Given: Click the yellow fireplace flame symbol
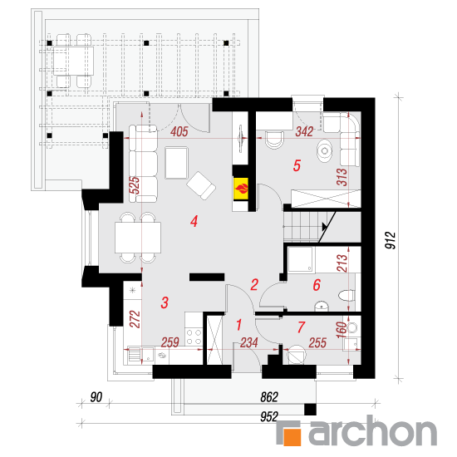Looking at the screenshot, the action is coord(241,189).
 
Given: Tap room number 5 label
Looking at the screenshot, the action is coord(297,165).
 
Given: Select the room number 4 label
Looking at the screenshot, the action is coord(194,221).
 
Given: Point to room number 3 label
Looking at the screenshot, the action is coord(165,302).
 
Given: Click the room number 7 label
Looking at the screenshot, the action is coord(301,327).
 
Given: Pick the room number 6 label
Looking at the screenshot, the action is coord(317,285).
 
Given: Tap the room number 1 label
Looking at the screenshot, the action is coord(239,325).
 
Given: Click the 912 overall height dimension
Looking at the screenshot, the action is coord(391,240).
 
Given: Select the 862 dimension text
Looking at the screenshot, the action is coord(269,397).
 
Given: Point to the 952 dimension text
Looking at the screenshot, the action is coord(269,417).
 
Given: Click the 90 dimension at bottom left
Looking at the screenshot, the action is coord(96,397).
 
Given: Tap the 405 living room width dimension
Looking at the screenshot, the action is coord(179,132).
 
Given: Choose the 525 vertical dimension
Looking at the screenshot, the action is coord(135,185).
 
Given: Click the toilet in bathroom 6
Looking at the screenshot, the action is coord(346,295).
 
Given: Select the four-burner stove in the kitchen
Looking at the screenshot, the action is coord(194,337).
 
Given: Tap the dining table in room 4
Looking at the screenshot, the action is coord(138,238).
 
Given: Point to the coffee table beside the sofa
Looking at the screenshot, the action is coord(176,162).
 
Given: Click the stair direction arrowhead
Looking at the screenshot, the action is coord(324,227).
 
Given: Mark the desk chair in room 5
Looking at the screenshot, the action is coord(274,140).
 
